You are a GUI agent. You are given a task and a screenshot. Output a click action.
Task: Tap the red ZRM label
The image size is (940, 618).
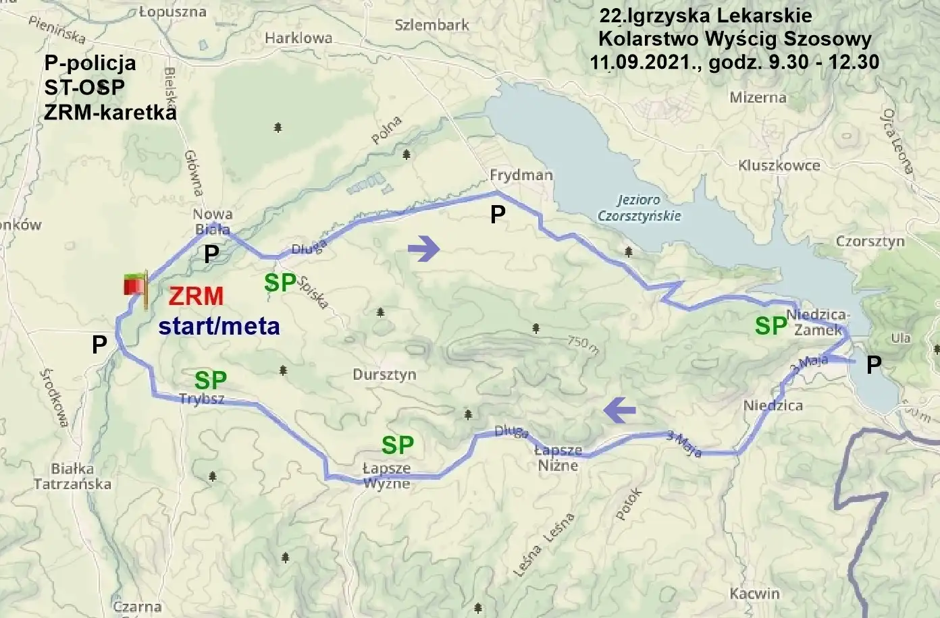tap(196, 296)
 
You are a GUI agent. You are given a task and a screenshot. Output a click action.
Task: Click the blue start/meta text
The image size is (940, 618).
tap(219, 326)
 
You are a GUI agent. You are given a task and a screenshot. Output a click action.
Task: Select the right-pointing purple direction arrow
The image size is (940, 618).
tap(424, 249)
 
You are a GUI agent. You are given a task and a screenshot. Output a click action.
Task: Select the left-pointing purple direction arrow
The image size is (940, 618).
tap(620, 410)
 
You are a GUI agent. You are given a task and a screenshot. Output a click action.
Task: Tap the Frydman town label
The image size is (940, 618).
tap(521, 175)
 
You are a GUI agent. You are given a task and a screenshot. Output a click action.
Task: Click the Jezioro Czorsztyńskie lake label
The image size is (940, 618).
tap(639, 208)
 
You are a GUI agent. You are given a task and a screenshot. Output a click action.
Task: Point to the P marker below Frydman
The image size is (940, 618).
tap(498, 215)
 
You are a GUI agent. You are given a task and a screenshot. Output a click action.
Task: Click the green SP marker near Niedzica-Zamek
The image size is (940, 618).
tap(771, 327)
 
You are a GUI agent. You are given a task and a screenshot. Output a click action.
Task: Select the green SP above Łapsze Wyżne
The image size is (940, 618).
tap(398, 445)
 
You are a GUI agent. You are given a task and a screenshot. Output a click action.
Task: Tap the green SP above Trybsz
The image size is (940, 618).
tap(211, 380)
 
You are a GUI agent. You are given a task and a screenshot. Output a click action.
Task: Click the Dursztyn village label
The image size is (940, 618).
tap(384, 374)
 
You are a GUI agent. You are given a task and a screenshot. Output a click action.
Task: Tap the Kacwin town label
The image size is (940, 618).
tap(754, 594)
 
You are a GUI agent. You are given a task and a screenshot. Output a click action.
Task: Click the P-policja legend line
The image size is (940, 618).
tap(90, 63)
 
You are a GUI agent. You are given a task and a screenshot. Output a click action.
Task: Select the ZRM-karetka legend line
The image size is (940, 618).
tap(110, 112)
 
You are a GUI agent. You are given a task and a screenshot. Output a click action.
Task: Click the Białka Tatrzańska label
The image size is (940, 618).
tap(72, 476)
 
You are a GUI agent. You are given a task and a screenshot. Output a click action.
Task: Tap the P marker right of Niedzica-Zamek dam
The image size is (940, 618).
tap(874, 365)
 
